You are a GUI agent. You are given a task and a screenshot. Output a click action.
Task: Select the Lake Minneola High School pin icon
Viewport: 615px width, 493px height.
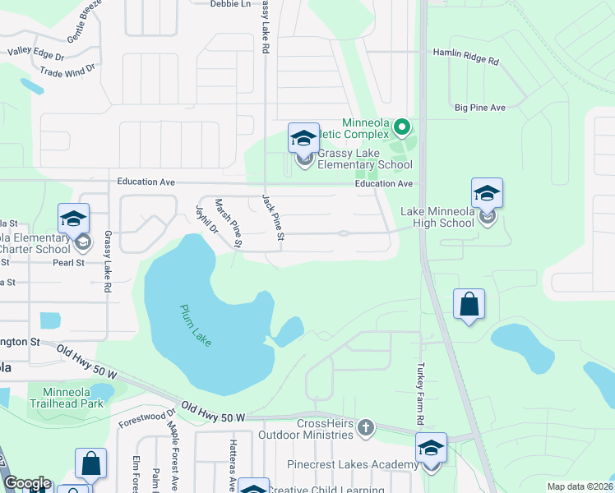(x=487, y=194)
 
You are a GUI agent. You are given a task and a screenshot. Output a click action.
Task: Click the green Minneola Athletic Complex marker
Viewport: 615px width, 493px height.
(x=401, y=127)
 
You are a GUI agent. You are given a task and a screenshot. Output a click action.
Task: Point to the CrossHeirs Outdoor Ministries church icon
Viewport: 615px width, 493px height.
(x=366, y=427)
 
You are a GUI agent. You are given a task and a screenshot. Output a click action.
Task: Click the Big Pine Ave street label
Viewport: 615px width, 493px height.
(x=479, y=108)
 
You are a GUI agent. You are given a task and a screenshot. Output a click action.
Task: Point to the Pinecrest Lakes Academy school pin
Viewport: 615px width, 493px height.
(x=431, y=449)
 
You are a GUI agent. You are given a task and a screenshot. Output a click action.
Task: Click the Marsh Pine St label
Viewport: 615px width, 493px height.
(x=228, y=222)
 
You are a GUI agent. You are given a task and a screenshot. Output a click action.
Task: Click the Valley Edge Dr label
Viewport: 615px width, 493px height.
(x=41, y=51)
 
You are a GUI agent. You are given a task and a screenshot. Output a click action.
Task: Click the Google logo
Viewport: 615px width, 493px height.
(x=27, y=483)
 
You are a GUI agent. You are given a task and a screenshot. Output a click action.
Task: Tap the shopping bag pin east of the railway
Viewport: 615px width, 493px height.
(x=469, y=304)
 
